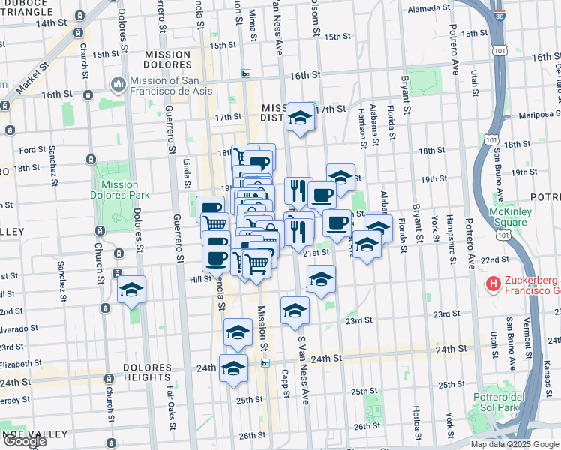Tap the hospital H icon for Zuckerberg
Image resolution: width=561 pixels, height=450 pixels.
493,284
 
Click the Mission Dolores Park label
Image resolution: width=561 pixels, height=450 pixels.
119,190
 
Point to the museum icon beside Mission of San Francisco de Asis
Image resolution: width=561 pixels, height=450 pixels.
118,85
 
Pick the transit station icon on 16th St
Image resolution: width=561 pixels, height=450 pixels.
245,73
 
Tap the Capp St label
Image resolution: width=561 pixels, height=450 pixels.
285,379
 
